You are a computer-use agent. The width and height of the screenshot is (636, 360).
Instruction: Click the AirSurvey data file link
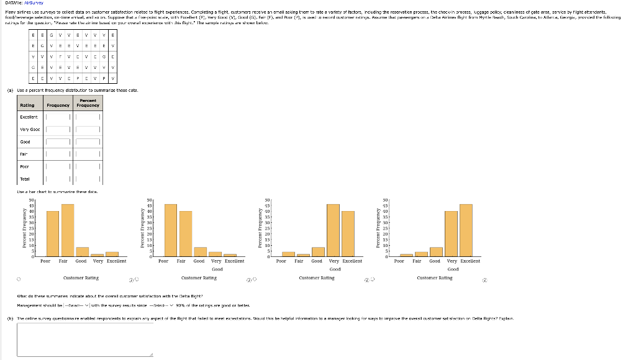30,2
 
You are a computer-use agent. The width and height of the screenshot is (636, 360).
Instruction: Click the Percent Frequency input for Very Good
88,129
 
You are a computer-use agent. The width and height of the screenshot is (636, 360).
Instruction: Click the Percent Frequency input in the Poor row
88,167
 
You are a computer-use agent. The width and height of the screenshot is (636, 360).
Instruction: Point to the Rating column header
27,105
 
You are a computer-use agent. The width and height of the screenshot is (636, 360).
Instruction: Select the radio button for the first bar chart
19,279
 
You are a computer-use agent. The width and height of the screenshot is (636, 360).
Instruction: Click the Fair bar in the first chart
68,230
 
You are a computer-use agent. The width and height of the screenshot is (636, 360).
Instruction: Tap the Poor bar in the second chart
170,230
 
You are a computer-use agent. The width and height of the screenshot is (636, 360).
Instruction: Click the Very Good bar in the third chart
333,230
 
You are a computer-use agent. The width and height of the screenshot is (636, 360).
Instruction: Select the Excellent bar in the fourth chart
466,230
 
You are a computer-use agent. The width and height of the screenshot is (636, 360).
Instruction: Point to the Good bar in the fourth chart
436,251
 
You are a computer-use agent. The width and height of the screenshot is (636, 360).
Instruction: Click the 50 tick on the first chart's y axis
31,200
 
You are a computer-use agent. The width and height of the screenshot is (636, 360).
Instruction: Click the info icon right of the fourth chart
484,279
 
